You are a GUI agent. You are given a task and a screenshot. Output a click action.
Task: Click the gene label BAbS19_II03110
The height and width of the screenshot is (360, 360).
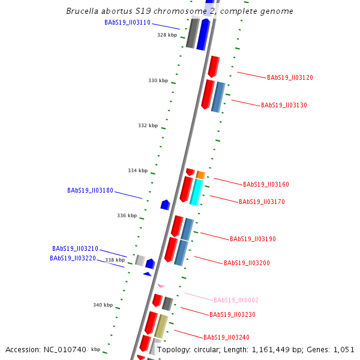[127, 22]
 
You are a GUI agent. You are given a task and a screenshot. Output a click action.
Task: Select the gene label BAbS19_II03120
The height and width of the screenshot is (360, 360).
[290, 77]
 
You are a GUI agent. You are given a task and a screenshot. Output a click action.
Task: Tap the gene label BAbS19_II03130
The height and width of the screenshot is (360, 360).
[284, 105]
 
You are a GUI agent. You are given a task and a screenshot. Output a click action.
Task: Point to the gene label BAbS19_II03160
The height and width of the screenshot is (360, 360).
[266, 184]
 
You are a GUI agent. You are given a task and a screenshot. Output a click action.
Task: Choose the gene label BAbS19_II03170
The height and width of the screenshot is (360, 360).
[262, 202]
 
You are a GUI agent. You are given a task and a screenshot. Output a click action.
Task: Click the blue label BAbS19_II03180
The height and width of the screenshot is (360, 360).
[90, 190]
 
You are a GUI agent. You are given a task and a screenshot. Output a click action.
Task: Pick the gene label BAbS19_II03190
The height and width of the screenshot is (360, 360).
[253, 239]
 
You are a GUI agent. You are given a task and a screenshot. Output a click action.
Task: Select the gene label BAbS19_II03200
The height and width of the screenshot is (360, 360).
[247, 263]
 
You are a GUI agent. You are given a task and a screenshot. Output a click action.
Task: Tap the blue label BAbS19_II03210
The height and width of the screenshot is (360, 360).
[75, 248]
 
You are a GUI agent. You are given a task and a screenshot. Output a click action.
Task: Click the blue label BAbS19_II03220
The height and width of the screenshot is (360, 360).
[73, 258]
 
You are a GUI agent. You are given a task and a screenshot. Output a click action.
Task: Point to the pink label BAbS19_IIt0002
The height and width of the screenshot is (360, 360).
[236, 300]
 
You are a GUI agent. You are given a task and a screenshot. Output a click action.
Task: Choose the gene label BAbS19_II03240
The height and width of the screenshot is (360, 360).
[226, 337]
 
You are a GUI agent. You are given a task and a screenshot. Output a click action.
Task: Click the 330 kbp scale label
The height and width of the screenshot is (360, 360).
[158, 80]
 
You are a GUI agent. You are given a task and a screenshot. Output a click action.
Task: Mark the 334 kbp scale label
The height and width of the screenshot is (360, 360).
[137, 170]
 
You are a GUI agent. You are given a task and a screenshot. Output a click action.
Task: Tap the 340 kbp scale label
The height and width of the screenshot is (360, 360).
[103, 305]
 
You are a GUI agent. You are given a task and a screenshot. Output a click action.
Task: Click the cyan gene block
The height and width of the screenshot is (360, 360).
[196, 192]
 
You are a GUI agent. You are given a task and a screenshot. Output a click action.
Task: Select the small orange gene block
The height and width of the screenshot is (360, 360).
[201, 175]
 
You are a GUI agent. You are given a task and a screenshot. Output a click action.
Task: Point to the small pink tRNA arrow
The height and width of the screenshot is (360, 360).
[161, 286]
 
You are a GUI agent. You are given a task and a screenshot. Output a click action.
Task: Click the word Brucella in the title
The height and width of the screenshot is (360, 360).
[84, 11]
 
